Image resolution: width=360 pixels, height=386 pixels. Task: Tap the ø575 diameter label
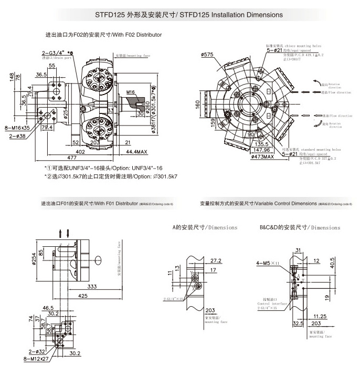point(208,54)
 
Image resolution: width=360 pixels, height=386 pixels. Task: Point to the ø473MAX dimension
point(263,157)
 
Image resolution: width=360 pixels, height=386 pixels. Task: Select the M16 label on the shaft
point(131,92)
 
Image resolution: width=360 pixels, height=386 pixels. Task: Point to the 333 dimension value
point(91,287)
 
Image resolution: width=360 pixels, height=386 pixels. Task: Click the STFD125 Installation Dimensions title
point(180,15)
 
